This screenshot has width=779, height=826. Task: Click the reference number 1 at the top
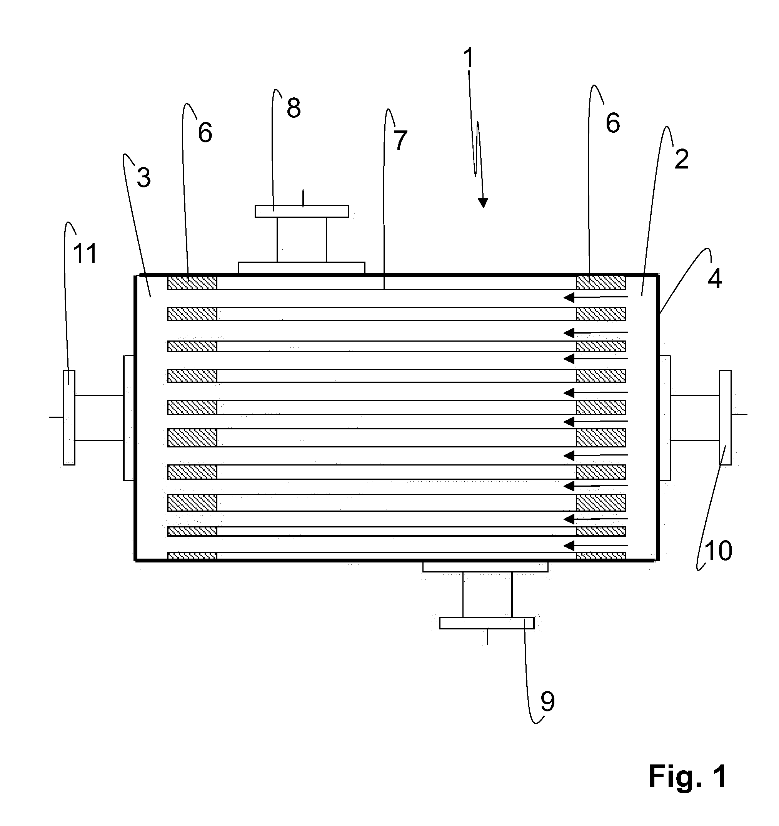click(468, 58)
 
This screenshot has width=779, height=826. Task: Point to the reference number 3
click(144, 177)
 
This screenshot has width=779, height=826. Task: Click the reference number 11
click(85, 253)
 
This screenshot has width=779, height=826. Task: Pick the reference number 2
click(681, 159)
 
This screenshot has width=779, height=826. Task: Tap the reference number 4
click(715, 279)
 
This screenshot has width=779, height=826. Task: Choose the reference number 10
click(718, 551)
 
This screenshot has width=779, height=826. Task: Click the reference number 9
click(547, 701)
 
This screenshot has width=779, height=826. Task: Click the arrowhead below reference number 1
click(483, 202)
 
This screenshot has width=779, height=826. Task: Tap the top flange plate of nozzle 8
click(302, 212)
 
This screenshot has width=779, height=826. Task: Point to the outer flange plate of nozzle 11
click(69, 417)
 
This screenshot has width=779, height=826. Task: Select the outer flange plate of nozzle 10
click(726, 417)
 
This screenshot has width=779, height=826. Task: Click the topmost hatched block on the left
click(192, 282)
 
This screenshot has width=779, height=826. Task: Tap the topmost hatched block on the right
click(601, 282)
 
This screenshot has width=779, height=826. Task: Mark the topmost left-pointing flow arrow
click(596, 297)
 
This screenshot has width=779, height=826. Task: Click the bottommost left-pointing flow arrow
click(596, 545)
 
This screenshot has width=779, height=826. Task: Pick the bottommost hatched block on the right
click(601, 556)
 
